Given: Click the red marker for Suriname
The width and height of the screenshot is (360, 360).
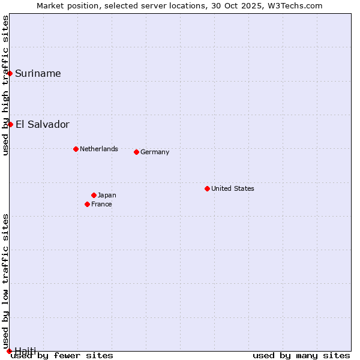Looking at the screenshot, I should tap(10, 73).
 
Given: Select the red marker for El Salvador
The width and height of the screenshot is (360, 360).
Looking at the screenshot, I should tap(11, 124).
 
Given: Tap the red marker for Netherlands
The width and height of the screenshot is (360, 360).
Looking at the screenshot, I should tap(76, 149).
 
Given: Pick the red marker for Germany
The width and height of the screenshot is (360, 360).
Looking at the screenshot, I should tap(136, 152).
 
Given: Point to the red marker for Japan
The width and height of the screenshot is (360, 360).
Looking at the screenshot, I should tap(94, 195).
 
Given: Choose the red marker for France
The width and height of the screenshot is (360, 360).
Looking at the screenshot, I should tap(87, 204).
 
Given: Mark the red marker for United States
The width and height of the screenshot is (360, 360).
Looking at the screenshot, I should tap(207, 188).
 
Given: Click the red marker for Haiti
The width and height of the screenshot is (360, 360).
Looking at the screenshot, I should tap(9, 351).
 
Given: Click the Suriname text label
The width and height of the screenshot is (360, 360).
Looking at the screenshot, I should tap(38, 74).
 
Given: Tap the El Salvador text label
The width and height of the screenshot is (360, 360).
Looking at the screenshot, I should tap(42, 125).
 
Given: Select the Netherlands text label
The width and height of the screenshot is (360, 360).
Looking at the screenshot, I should tap(98, 149).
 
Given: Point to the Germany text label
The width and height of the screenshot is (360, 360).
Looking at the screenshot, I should tap(155, 152).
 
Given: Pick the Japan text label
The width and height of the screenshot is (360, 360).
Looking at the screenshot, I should tap(107, 195).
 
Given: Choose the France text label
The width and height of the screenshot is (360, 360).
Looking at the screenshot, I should tap(101, 204).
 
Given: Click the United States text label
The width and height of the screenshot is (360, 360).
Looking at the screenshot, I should tap(233, 188).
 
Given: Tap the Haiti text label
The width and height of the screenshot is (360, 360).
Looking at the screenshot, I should tap(25, 350).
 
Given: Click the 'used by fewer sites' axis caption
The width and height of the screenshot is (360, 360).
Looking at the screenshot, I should tap(62, 356).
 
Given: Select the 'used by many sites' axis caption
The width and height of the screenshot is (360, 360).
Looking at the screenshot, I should tap(301, 356).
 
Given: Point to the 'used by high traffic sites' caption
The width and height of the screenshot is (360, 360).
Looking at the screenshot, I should tap(5, 85).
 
